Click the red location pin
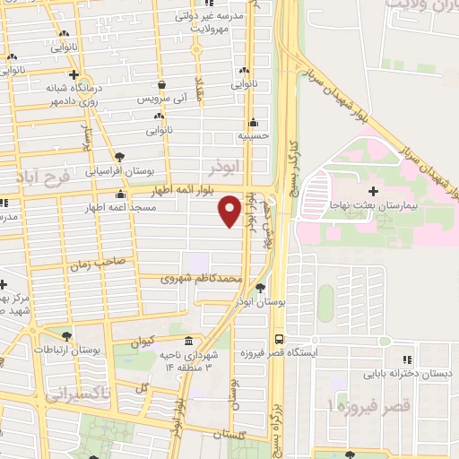pyautogui.click(x=229, y=211)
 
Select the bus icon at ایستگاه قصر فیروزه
pyautogui.click(x=281, y=340)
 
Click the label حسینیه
pyautogui.click(x=254, y=135)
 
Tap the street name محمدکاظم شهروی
pyautogui.click(x=202, y=279)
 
